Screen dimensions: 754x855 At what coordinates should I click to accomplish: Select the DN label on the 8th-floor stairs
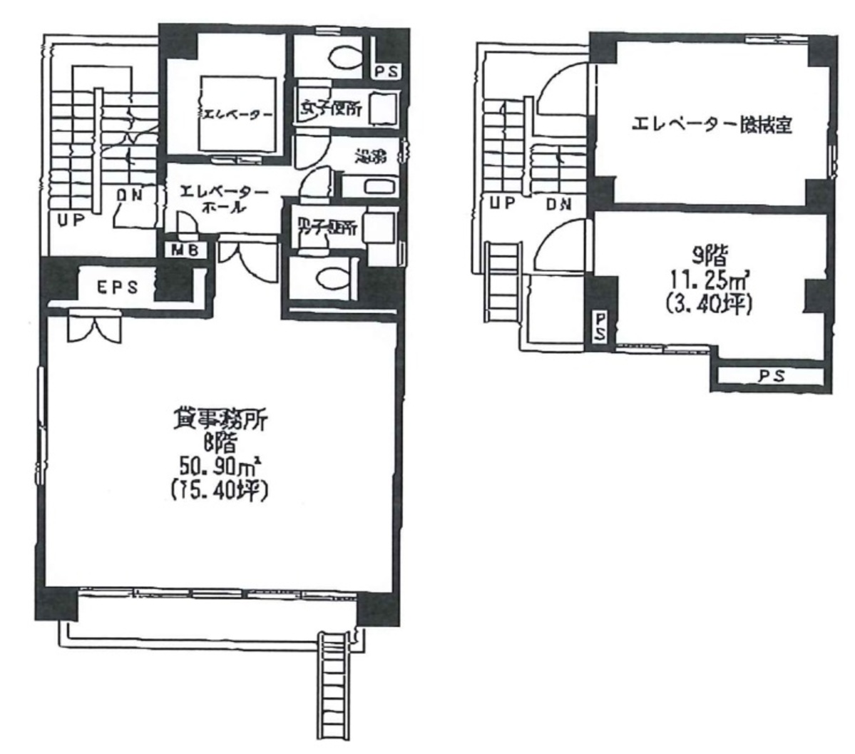tap(131, 193)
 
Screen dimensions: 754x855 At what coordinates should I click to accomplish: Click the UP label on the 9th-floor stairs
tap(502, 203)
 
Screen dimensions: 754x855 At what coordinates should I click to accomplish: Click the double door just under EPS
tap(93, 329)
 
